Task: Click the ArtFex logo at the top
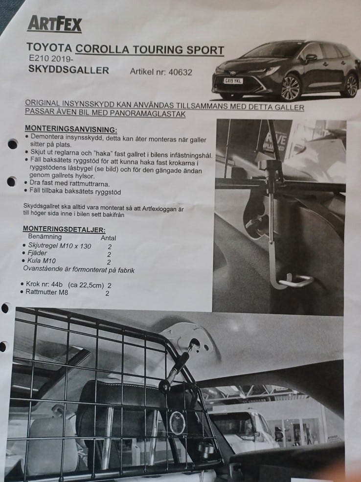point(54,23)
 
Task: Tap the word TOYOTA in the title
point(49,48)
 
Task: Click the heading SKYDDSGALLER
point(68,70)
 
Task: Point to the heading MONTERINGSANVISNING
point(70,129)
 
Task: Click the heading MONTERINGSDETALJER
point(64,229)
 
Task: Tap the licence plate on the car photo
point(234,80)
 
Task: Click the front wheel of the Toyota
point(290,88)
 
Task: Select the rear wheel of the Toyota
point(350,85)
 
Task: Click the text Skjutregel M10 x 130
point(60,246)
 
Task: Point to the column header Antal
point(108,238)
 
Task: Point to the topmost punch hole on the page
point(12,144)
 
